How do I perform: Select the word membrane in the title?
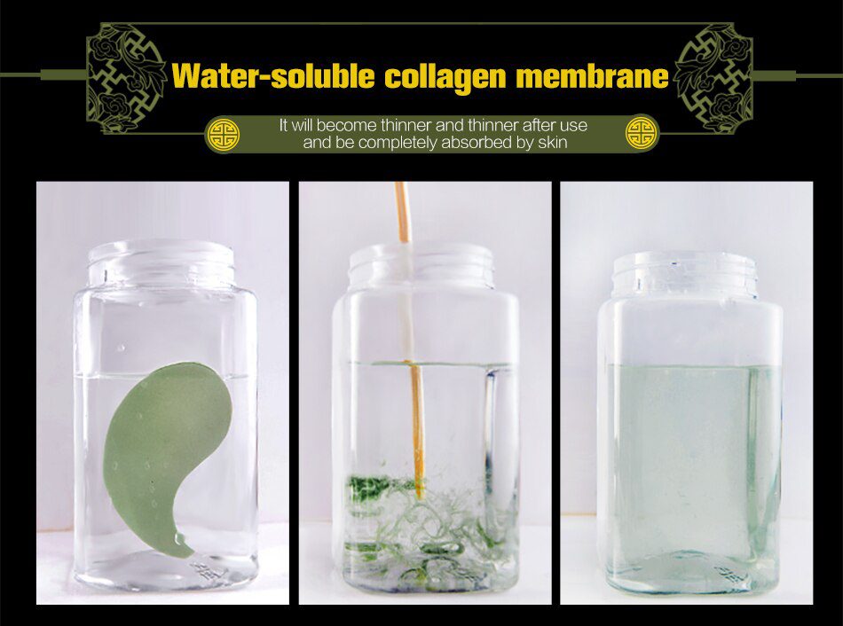[592, 75]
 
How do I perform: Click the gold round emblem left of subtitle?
[224, 135]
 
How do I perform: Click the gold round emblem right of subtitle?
[642, 134]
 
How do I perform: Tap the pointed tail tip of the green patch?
[190, 554]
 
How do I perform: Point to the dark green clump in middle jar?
[369, 486]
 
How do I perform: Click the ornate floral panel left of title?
[126, 78]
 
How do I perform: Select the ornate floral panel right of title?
[713, 78]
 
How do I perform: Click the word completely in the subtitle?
[398, 144]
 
